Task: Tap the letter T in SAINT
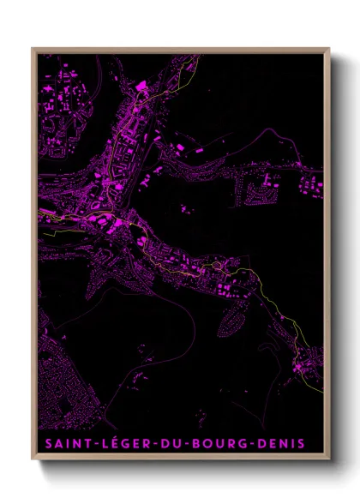(x=86, y=444)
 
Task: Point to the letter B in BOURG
(x=196, y=444)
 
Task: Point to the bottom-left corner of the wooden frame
(x=33, y=459)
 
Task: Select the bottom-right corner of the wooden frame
(x=329, y=459)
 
